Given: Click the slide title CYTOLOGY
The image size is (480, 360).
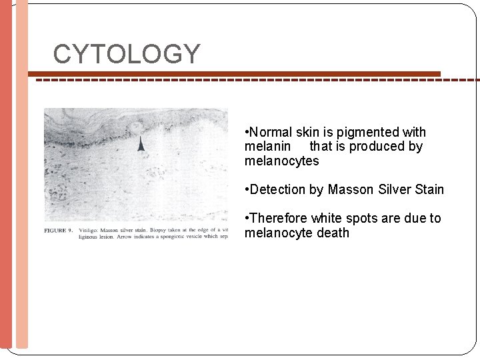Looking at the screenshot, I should (x=127, y=54).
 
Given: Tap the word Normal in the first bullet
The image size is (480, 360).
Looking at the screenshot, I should (x=271, y=132).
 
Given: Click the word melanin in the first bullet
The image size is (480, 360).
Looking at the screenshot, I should (x=267, y=146).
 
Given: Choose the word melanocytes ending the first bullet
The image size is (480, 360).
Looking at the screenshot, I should (x=281, y=161).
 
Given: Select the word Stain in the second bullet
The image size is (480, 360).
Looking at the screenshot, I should (x=429, y=189).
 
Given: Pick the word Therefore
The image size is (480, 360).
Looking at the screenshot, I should (x=278, y=218).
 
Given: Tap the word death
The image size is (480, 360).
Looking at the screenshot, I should (x=333, y=233).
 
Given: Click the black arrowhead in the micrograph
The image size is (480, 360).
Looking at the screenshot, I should (x=141, y=144).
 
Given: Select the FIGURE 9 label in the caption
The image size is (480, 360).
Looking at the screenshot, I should (x=59, y=230).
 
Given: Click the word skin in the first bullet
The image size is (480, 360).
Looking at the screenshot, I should (x=310, y=132).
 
